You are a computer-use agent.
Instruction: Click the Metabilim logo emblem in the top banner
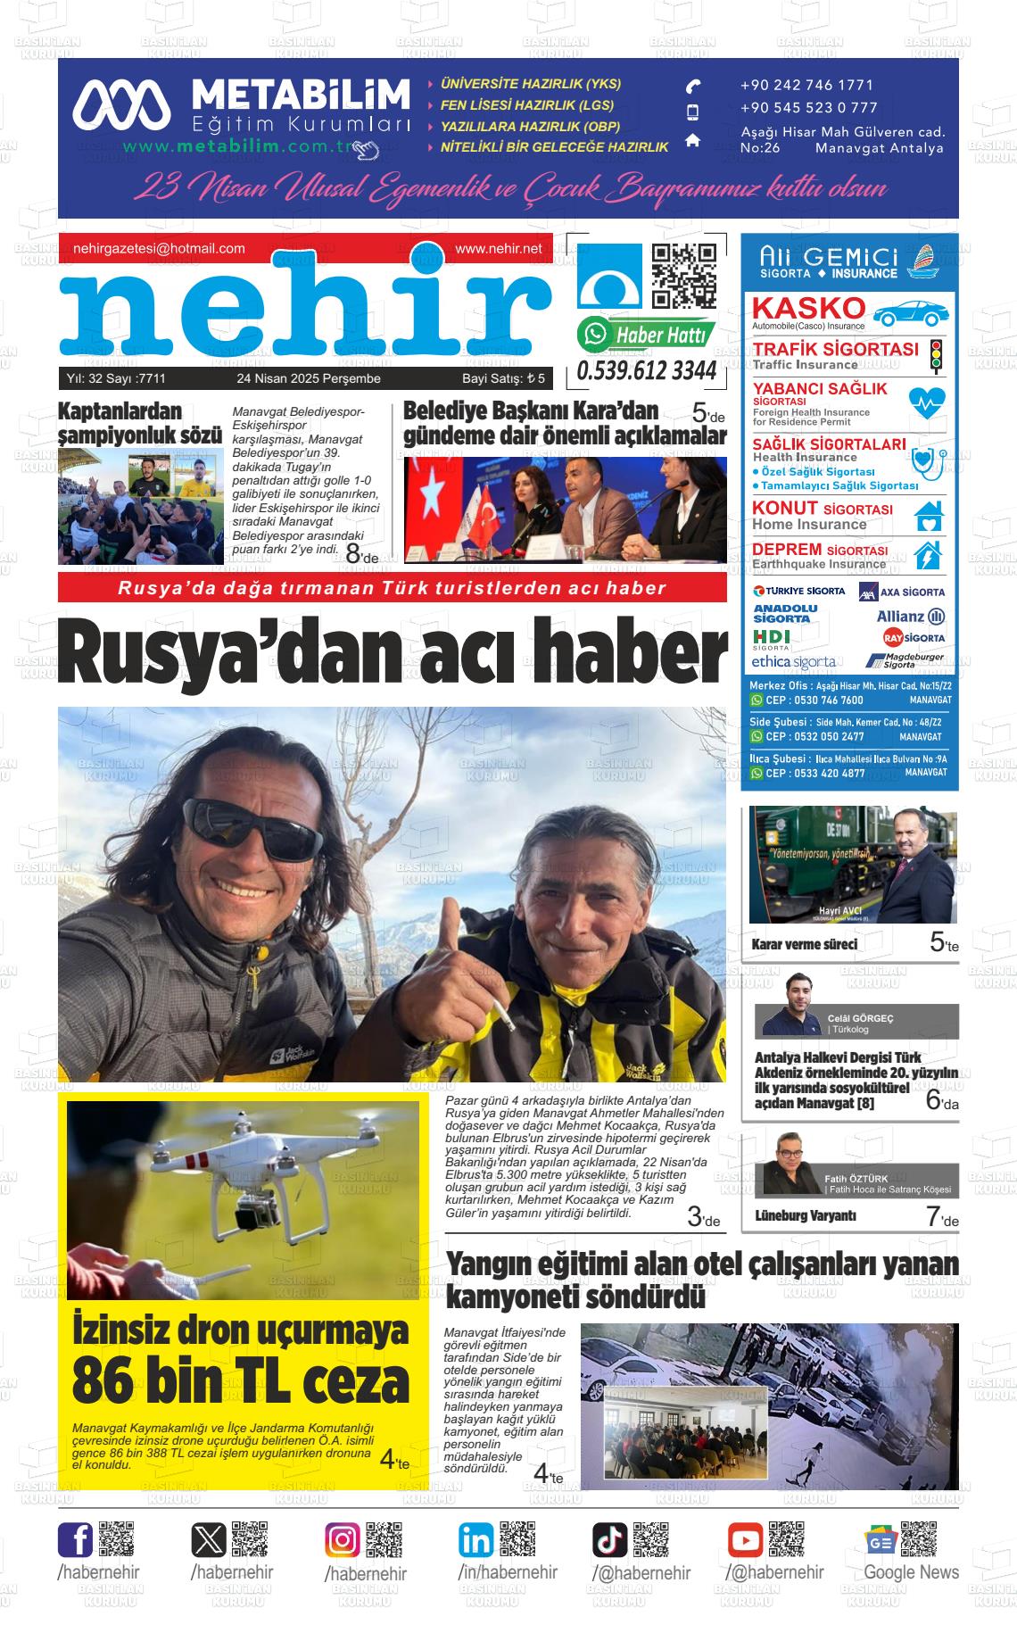(x=121, y=104)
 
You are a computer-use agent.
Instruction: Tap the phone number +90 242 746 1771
(x=806, y=86)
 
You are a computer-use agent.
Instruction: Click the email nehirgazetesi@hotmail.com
(x=159, y=249)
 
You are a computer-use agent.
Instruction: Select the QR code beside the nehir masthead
(x=684, y=276)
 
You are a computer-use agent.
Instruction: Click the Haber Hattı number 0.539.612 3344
(x=647, y=370)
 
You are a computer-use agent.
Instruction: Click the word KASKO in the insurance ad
(x=808, y=308)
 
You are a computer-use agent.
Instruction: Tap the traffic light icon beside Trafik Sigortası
(x=936, y=355)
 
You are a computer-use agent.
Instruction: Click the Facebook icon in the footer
(x=75, y=1540)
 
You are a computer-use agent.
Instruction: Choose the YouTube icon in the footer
(x=745, y=1540)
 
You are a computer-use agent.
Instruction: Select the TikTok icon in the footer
(x=610, y=1540)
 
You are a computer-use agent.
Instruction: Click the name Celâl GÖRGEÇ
(x=860, y=1018)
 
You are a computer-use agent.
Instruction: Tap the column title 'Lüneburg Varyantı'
(x=806, y=1215)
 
